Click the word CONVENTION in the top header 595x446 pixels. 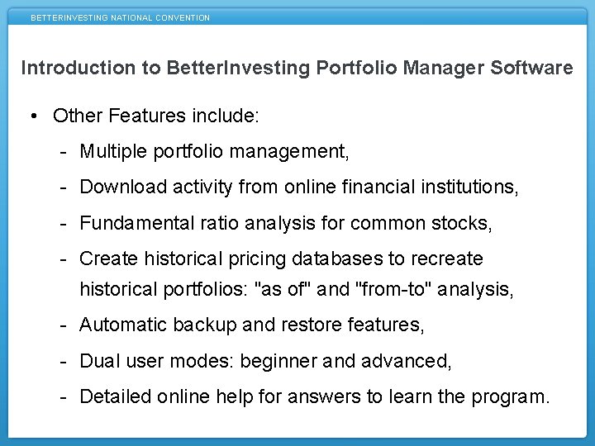coord(183,17)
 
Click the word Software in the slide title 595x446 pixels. coord(535,68)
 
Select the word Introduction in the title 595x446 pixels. coord(79,68)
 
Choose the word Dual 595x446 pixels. coord(97,361)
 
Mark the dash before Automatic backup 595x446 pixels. coord(64,325)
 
